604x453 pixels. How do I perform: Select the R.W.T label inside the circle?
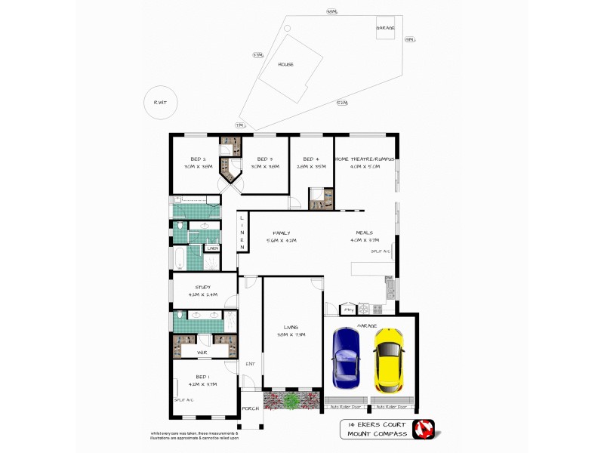point(161,103)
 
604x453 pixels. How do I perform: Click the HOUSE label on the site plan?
point(285,65)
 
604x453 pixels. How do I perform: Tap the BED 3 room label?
point(263,159)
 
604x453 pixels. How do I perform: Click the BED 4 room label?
point(310,159)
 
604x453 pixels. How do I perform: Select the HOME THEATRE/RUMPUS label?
point(365,159)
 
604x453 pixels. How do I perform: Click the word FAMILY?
point(282,233)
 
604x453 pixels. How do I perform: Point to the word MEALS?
point(366,233)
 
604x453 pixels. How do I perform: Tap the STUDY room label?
point(202,287)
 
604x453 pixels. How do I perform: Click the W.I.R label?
point(202,352)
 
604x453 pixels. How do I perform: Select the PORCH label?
point(250,408)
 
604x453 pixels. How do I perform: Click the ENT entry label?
point(251,364)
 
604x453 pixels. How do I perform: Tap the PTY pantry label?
point(348,309)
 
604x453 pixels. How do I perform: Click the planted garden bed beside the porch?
point(291,400)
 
